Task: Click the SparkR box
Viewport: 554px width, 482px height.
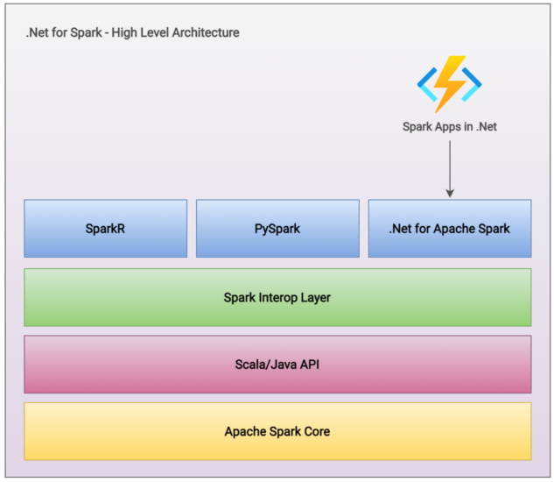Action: (x=105, y=229)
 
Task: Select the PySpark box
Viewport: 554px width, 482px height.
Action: (x=277, y=229)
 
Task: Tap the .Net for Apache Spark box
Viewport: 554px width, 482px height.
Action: (x=449, y=229)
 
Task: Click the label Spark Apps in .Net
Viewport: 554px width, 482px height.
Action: (x=449, y=126)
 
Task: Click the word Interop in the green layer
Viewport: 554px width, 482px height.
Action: (x=278, y=297)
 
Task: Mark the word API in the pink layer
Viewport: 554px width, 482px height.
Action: (x=309, y=364)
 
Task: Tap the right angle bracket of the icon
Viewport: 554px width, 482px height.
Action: (x=473, y=83)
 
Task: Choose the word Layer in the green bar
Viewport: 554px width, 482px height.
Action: (x=315, y=297)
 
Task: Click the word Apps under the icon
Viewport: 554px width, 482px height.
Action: (x=450, y=126)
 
